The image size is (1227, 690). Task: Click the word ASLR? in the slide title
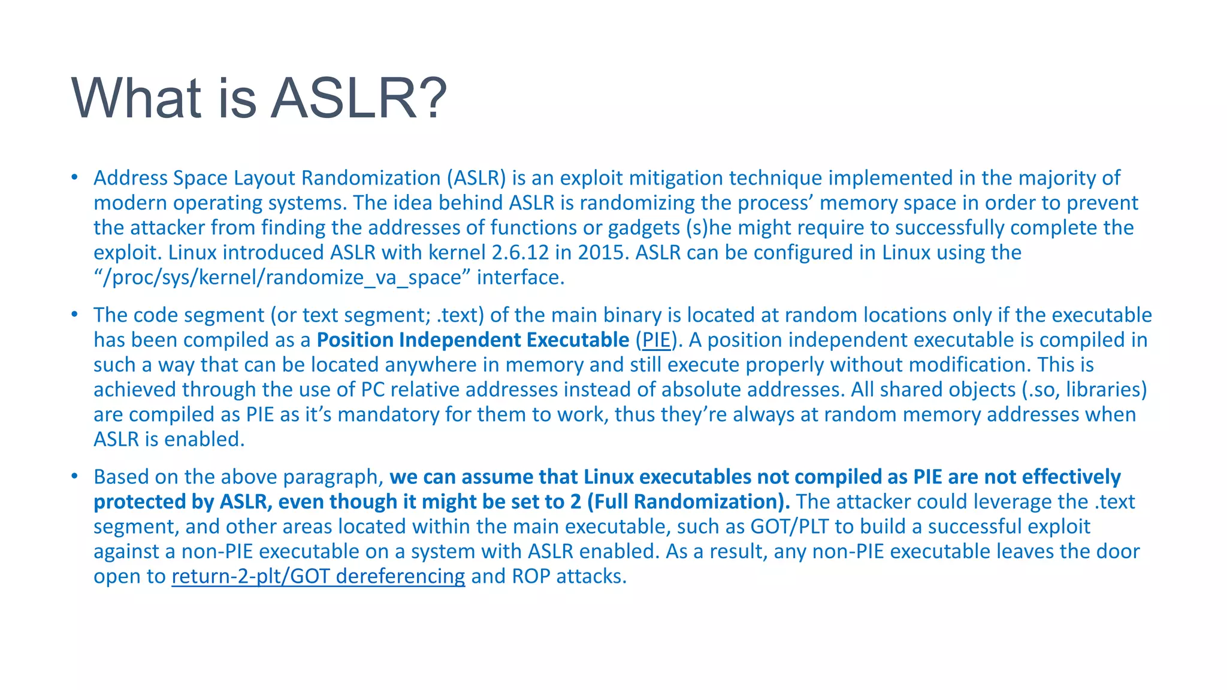point(358,98)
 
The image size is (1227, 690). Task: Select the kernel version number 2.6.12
point(520,253)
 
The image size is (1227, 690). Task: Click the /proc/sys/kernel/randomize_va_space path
point(282,278)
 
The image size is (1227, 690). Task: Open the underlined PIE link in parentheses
point(656,340)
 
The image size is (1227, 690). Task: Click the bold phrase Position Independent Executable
point(473,340)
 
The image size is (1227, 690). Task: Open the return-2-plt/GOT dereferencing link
point(318,576)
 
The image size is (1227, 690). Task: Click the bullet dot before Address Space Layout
point(74,177)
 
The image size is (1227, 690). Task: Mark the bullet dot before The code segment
point(74,314)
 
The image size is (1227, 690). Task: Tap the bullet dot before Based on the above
point(74,476)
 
